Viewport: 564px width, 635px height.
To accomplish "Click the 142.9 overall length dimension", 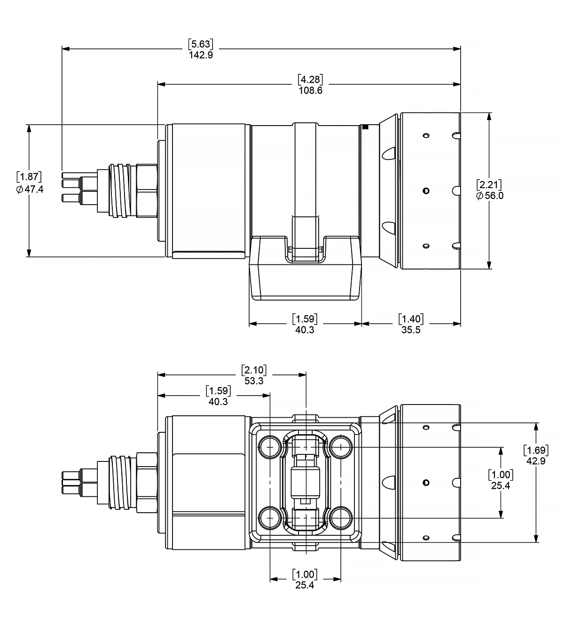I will pos(201,54).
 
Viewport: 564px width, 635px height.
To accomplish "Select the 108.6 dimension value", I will pos(310,90).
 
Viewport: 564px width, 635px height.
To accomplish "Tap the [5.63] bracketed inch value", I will pos(201,44).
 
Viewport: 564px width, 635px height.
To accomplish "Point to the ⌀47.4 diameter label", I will pos(30,190).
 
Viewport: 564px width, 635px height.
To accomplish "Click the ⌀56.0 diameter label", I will pos(489,196).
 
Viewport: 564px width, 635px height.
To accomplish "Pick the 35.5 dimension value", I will pos(411,330).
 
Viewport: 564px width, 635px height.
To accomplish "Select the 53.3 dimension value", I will pos(254,381).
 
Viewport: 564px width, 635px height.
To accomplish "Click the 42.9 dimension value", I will pos(536,461).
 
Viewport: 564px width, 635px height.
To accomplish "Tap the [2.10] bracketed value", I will pos(254,370).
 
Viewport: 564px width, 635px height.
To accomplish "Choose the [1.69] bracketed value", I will pos(536,451).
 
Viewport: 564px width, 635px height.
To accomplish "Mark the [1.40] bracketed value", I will pos(411,319).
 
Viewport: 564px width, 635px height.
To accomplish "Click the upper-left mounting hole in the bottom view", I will pos(270,446).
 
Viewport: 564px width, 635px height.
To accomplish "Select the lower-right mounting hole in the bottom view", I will pos(341,518).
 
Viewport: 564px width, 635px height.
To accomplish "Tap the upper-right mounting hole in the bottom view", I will pos(341,446).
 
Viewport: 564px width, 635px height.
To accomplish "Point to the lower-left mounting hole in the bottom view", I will pos(270,518).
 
